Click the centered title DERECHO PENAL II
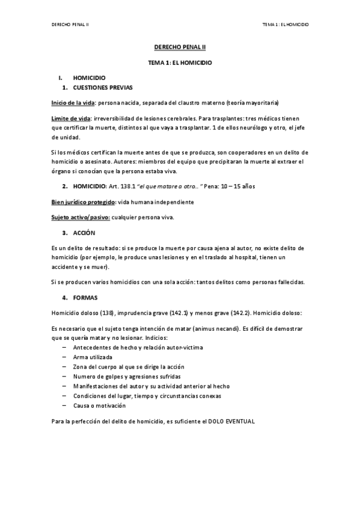[180, 46]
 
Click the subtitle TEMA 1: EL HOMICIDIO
[180, 62]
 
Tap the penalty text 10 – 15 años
[240, 186]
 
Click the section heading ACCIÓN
[84, 232]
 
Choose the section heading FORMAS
[85, 298]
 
